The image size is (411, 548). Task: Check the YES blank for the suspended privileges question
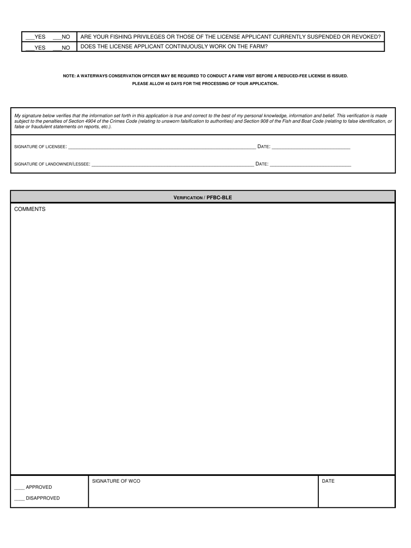tap(30, 38)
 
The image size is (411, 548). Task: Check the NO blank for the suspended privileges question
tap(57, 38)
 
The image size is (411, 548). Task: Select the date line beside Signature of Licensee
tap(311, 147)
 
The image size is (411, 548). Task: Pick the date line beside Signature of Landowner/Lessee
tap(310, 164)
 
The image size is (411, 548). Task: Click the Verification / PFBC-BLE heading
tap(202, 198)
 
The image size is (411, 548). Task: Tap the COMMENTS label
tap(30, 209)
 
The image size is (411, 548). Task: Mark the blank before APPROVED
tap(19, 487)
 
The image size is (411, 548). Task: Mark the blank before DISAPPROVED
tap(19, 498)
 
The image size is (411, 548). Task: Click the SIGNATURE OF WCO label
tap(116, 481)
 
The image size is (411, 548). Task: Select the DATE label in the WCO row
tap(328, 481)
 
